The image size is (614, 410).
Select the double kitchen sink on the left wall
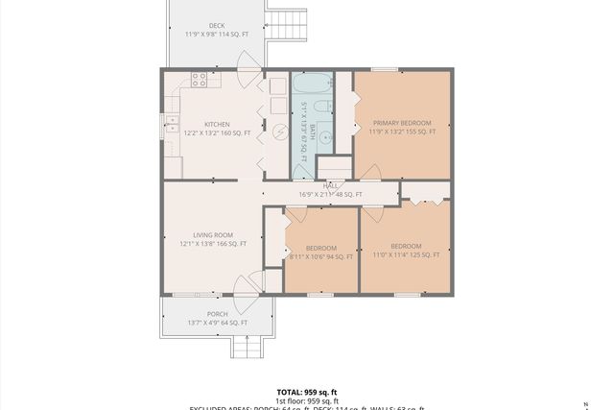(172, 122)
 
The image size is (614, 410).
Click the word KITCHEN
(217, 124)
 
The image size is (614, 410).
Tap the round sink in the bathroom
(324, 136)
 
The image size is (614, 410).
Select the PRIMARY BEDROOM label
(402, 123)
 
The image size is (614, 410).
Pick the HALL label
(330, 185)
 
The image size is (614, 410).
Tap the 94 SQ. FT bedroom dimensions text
(321, 255)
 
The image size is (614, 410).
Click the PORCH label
(217, 314)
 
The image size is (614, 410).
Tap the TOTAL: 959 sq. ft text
(307, 392)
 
